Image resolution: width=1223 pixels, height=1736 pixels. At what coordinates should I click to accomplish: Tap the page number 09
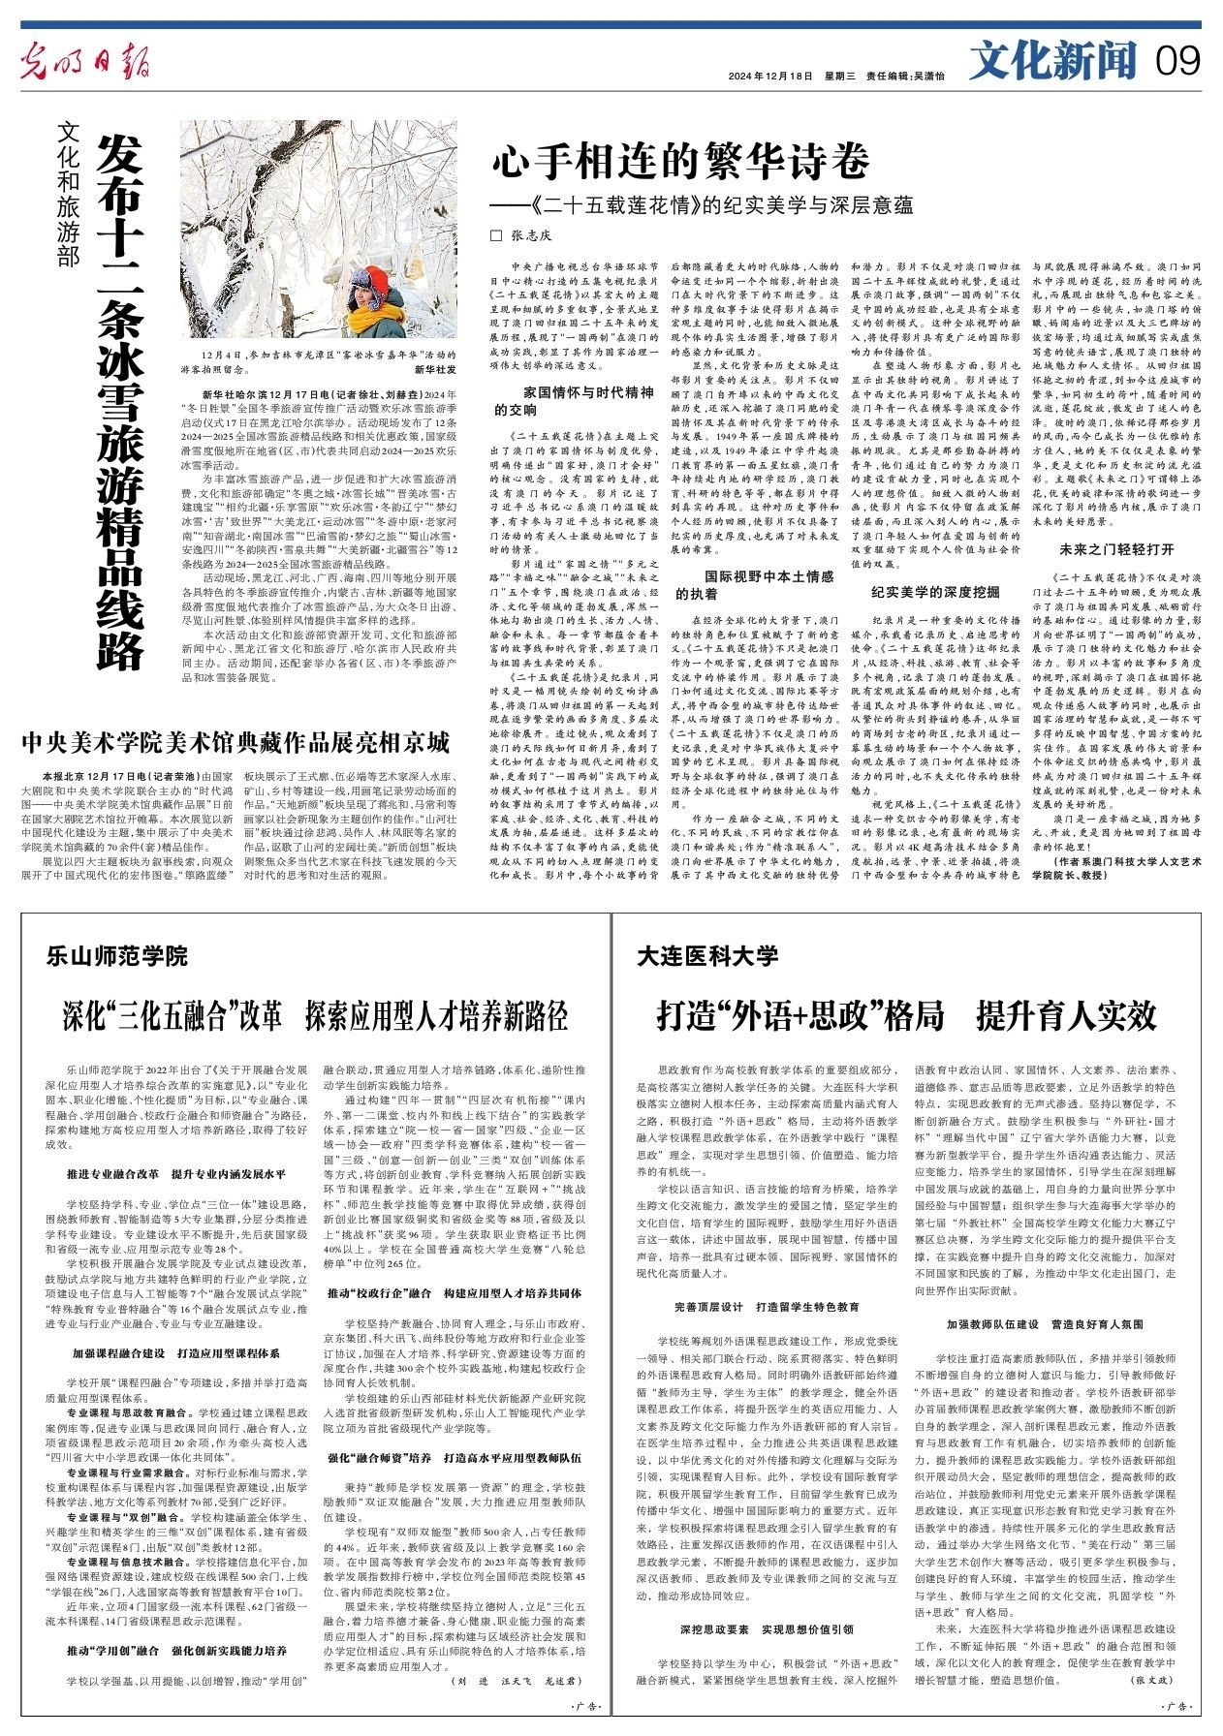1177,63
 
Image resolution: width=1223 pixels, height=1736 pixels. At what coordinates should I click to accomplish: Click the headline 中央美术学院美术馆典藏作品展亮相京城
236,743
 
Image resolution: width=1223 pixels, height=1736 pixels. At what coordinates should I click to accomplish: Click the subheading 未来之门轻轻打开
1115,550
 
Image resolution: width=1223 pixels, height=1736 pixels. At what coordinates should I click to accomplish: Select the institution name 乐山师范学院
116,956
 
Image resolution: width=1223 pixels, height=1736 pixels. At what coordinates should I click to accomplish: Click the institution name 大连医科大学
707,956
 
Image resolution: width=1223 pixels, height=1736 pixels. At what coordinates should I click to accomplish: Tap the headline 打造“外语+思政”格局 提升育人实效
906,1016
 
